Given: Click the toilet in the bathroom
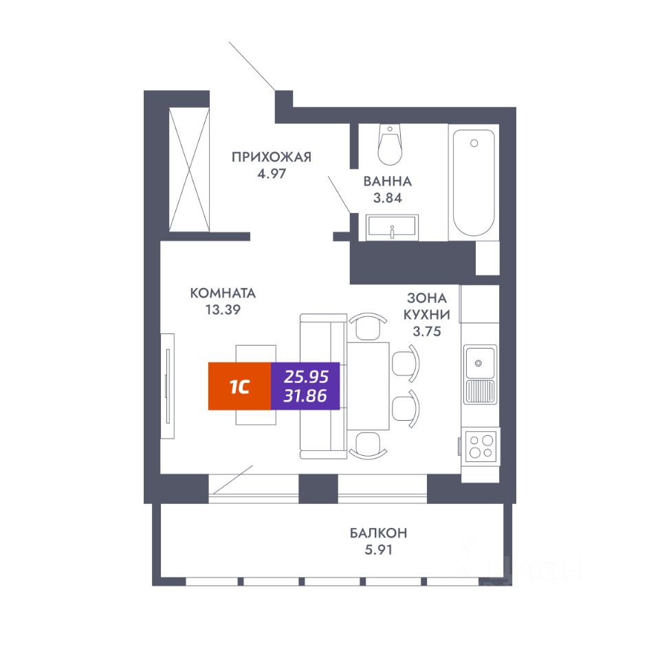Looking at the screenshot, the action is point(390,144).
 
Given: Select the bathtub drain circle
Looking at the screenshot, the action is point(474,143).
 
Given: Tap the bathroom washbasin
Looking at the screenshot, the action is point(392,228).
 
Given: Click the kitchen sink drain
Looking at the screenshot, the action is point(478,363).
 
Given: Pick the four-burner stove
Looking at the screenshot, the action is point(481,447).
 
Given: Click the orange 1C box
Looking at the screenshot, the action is point(239,386).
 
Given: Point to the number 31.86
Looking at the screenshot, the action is point(305,396).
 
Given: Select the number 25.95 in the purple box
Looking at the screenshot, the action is point(306,376).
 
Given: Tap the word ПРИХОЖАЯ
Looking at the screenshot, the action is point(272,157).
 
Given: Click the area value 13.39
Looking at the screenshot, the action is point(223,310).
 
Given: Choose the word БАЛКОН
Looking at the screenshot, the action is point(378,533).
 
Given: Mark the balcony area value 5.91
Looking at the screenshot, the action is point(378,550).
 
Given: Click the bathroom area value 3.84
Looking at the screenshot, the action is point(388,198).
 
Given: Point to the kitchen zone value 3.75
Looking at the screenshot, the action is point(427,331).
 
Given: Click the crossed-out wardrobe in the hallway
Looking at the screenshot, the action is point(189,170).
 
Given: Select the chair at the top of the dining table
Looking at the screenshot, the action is point(368,326).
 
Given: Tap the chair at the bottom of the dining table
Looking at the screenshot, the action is point(368,445).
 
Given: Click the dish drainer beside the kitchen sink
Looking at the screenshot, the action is point(481,390).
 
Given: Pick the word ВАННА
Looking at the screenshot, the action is point(387,181).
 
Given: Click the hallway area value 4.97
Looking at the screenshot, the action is point(272,173).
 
